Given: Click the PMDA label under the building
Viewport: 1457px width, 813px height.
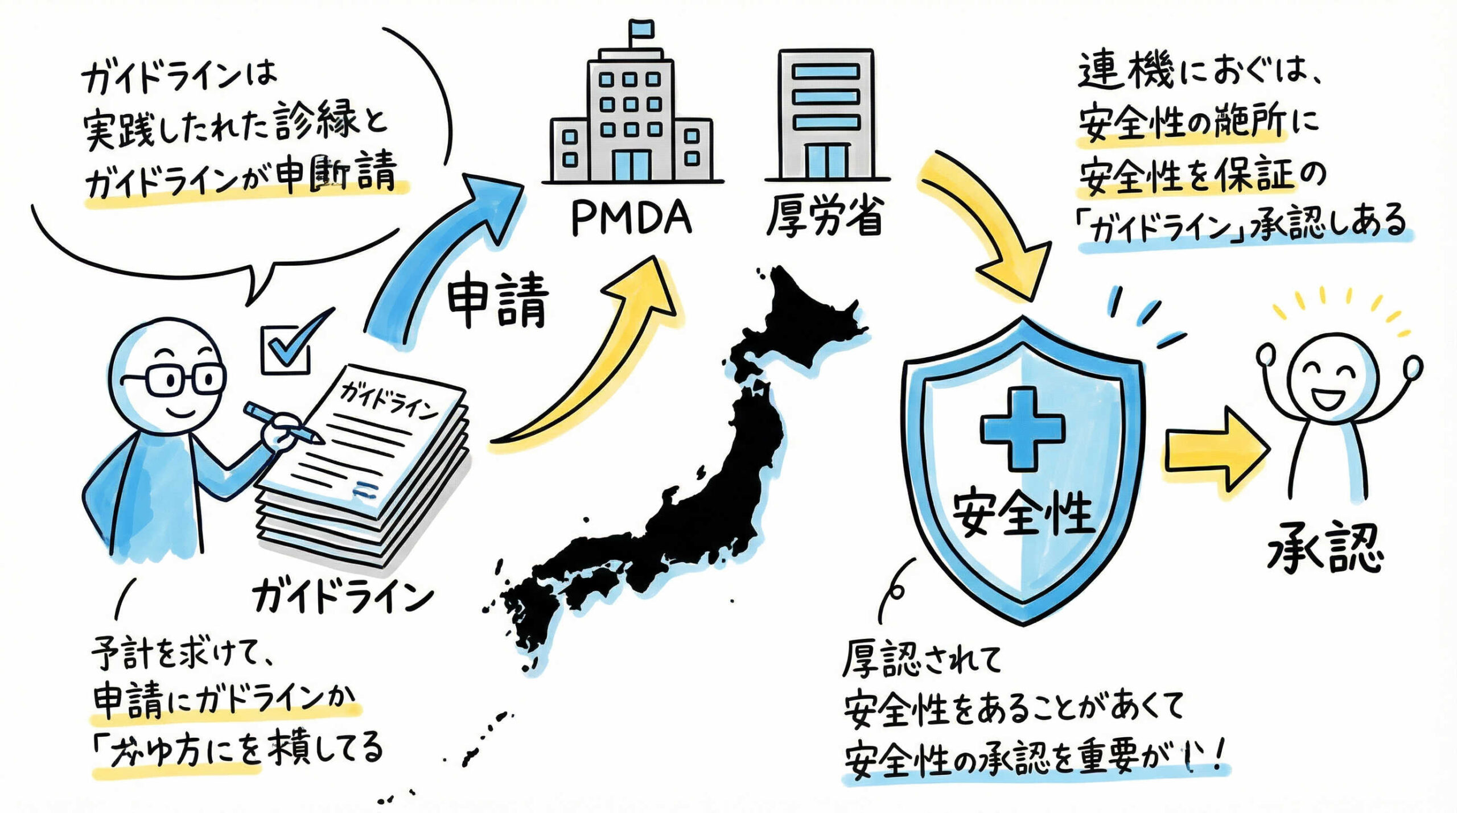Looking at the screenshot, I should [631, 218].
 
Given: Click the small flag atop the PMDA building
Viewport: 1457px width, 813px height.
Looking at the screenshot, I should [641, 28].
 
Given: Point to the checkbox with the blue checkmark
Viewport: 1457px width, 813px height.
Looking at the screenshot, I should [286, 349].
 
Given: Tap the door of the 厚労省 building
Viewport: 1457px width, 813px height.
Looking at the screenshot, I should [826, 160].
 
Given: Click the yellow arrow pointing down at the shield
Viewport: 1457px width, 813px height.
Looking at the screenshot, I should [990, 233].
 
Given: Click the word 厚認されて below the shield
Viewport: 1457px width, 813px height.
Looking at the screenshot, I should [922, 660].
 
